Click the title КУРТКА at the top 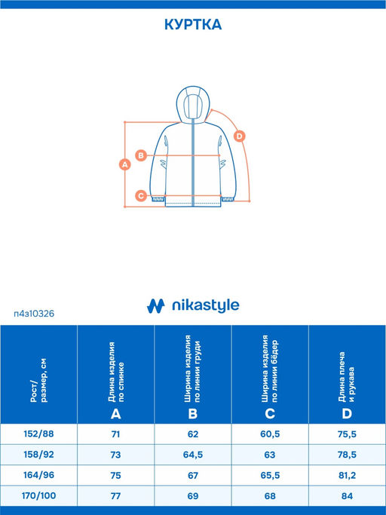coord(193,25)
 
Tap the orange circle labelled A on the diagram coord(125,164)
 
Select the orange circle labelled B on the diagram coord(141,155)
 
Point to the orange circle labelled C coord(141,196)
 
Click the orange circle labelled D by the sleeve coord(240,136)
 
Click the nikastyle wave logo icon coord(156,306)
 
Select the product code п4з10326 coord(34,314)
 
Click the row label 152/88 coord(38,434)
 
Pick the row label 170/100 coord(38,495)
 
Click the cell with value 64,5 coord(193,455)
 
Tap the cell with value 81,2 coord(347,475)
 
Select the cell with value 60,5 coord(270,434)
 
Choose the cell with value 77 coord(115,495)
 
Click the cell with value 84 coord(347,495)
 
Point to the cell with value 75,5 coord(347,434)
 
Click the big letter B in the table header coord(193,414)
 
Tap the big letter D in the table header coord(347,414)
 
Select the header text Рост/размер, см coord(38,380)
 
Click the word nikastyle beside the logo coord(206,305)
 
